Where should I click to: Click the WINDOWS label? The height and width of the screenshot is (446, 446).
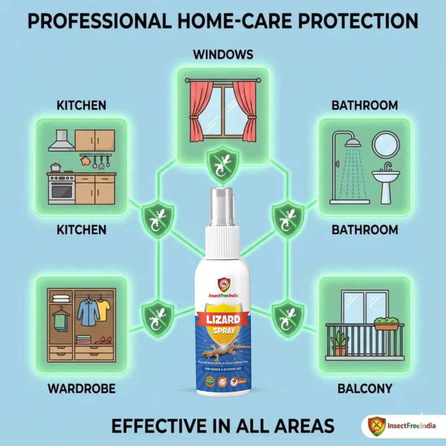pyautogui.click(x=223, y=55)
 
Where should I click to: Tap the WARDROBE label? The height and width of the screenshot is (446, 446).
pyautogui.click(x=81, y=389)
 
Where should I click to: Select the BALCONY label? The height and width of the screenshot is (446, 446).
pyautogui.click(x=365, y=389)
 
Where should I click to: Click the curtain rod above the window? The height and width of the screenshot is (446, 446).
pyautogui.click(x=223, y=80)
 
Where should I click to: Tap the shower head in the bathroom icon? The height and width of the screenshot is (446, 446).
pyautogui.click(x=353, y=142)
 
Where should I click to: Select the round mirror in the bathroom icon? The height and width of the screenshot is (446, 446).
pyautogui.click(x=385, y=145)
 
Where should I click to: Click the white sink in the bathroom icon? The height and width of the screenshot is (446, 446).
pyautogui.click(x=385, y=176)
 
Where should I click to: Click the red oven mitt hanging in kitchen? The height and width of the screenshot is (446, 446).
pyautogui.click(x=86, y=161)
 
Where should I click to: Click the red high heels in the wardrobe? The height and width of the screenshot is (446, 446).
pyautogui.click(x=103, y=340)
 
